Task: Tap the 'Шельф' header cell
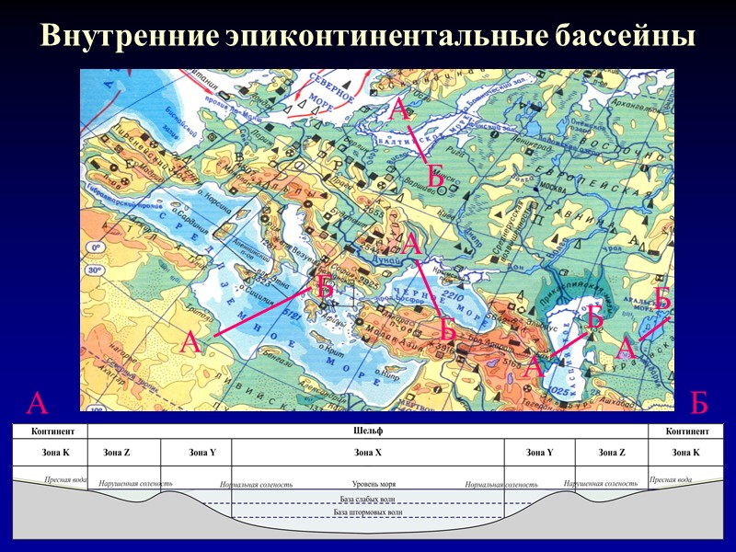point(367,431)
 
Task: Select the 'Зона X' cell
point(367,452)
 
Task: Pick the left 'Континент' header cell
point(50,431)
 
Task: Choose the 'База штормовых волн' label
point(368,512)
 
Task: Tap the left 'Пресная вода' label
point(66,479)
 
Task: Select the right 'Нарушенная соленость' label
point(600,482)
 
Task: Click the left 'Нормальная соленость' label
point(256,484)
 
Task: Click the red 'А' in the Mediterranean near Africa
point(190,343)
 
